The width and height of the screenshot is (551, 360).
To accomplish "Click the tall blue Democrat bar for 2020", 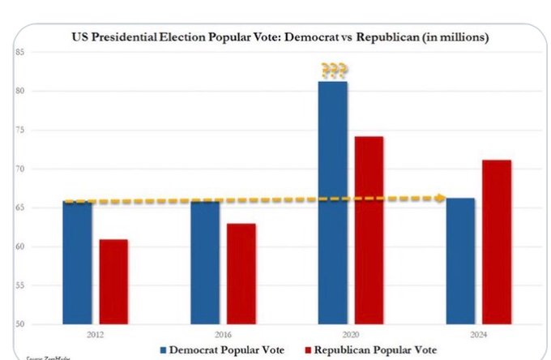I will click(x=332, y=202).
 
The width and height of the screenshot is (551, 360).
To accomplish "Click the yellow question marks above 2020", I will click(x=333, y=71).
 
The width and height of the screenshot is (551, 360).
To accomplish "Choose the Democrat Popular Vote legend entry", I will click(x=224, y=349).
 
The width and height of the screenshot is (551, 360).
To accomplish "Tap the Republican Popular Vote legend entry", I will click(x=374, y=349).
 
